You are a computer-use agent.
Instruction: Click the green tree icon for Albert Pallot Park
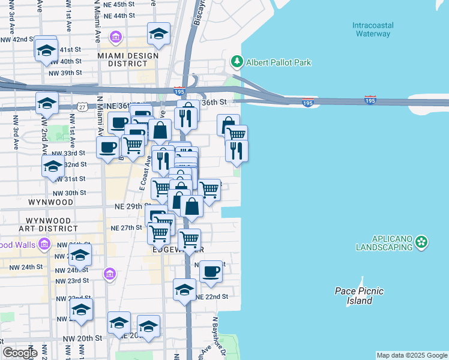(x=237, y=62)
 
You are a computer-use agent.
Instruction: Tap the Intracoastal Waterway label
(x=372, y=29)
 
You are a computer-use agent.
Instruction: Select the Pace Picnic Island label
(x=359, y=296)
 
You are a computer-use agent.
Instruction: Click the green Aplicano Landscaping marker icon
(x=423, y=242)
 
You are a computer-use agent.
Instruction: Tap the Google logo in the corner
(x=19, y=353)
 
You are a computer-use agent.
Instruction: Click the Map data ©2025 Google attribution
(x=412, y=355)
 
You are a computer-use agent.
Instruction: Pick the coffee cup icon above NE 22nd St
(x=211, y=271)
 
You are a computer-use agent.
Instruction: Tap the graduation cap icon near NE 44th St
(x=158, y=34)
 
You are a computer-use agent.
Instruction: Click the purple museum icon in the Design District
(x=116, y=38)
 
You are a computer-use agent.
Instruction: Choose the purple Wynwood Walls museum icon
(x=43, y=244)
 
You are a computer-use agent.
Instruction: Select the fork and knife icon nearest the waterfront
(x=237, y=150)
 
